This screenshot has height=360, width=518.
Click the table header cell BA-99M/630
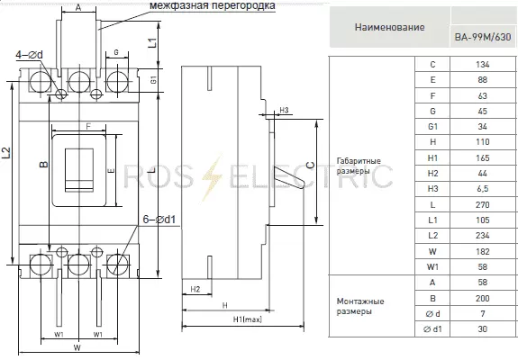[483, 37]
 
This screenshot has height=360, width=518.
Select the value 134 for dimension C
[482, 64]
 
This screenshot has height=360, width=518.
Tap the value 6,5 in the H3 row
[482, 189]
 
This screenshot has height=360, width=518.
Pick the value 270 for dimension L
[482, 204]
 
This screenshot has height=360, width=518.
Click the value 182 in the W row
[482, 251]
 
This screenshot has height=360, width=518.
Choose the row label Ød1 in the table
[432, 329]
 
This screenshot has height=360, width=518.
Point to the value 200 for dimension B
[482, 298]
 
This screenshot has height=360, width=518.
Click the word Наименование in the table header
[389, 27]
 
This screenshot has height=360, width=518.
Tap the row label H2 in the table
[432, 173]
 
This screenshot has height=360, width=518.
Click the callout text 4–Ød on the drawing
[30, 55]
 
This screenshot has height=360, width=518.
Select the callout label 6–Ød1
[159, 219]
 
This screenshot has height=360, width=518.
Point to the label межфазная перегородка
[213, 5]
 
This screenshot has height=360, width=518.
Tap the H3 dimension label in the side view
[284, 110]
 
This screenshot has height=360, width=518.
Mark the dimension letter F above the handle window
[88, 126]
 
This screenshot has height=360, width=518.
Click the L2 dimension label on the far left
[6, 153]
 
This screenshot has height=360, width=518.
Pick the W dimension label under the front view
[77, 347]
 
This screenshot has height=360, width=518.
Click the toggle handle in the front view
[79, 170]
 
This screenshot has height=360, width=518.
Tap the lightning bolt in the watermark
[212, 177]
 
